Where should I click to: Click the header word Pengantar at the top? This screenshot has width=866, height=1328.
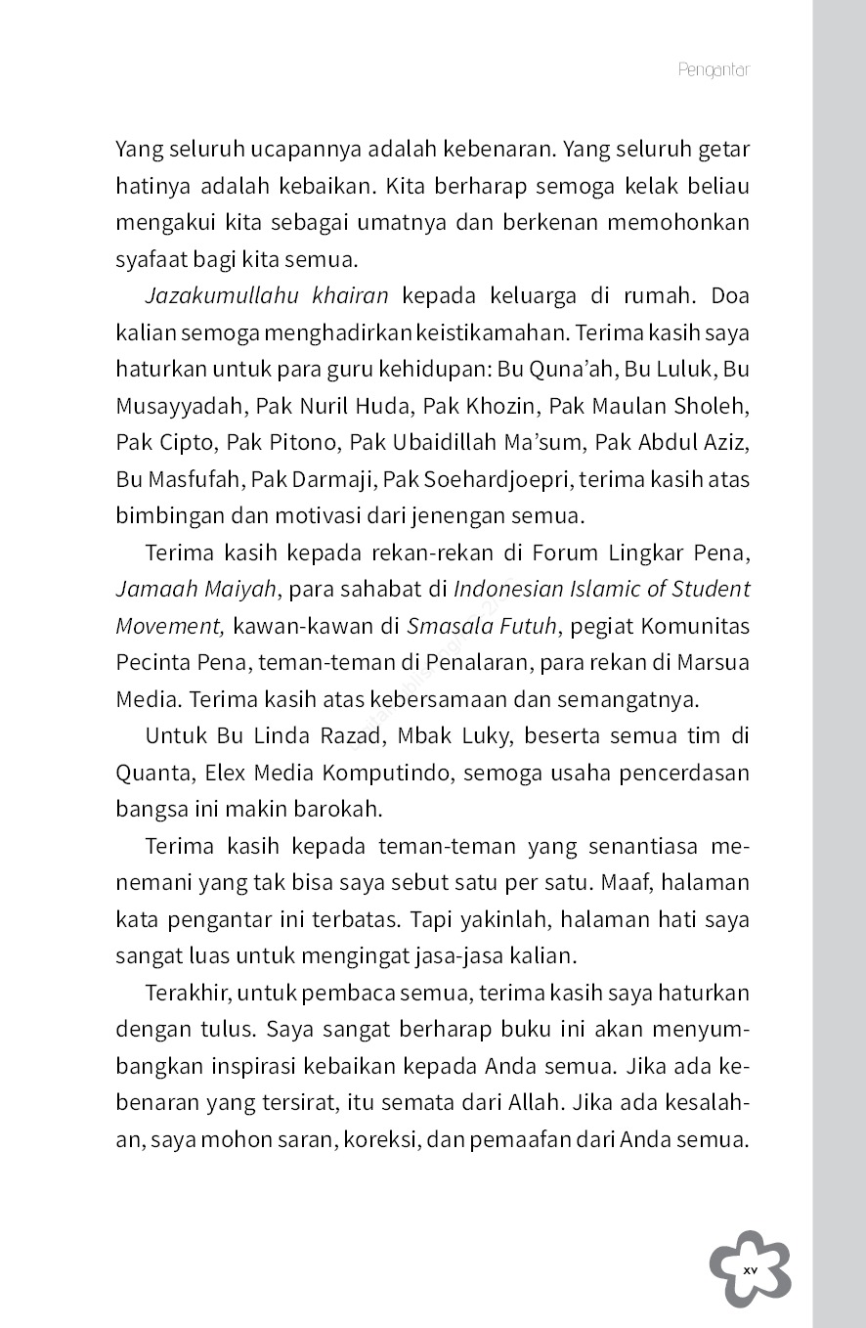click(x=713, y=70)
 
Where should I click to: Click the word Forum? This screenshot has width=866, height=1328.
click(x=564, y=553)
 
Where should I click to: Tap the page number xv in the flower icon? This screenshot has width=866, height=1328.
click(x=750, y=1269)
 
